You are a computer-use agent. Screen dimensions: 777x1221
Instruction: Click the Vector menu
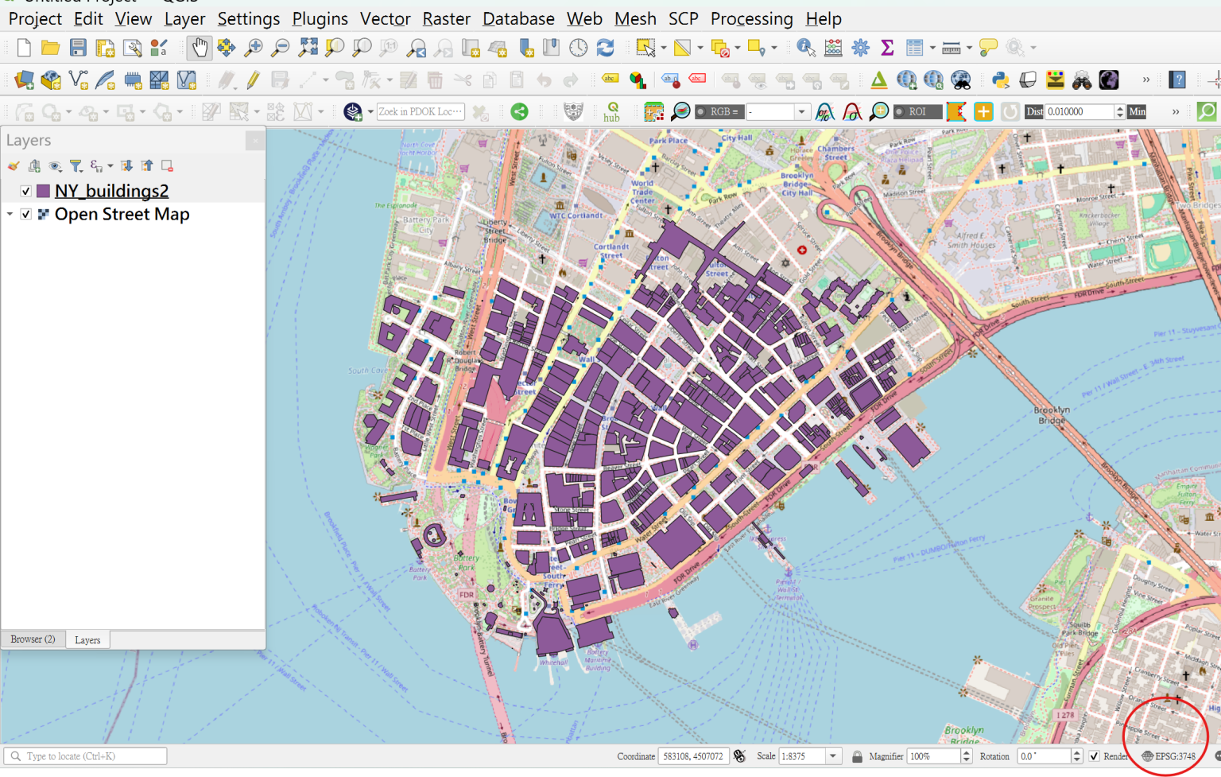coord(385,18)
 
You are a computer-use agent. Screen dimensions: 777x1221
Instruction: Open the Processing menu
coord(751,18)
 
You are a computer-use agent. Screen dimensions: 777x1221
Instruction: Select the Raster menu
coord(446,18)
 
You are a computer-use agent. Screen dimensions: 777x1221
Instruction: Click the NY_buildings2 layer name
coord(111,191)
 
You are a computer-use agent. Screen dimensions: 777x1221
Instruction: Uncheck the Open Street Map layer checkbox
coord(26,215)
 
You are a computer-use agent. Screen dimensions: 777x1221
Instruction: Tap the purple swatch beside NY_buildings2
coord(43,191)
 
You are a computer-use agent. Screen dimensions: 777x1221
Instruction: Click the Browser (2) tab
coord(33,639)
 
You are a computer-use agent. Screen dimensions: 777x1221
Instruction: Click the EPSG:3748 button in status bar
coord(1169,756)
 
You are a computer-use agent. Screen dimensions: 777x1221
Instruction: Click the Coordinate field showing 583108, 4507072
coord(692,756)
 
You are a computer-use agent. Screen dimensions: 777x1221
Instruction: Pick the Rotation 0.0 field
coord(1043,756)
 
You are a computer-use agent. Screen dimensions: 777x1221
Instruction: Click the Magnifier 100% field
coord(933,756)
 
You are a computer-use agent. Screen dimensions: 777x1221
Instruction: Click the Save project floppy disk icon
coord(78,48)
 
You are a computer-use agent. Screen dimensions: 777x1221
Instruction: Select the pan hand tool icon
coord(199,48)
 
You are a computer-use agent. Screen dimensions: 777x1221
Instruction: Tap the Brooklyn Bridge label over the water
coord(1052,415)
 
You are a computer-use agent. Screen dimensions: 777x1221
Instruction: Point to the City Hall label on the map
coord(736,138)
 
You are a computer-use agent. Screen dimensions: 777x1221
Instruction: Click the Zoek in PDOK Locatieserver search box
coord(420,112)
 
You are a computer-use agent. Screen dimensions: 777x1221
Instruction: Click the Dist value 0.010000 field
coord(1080,112)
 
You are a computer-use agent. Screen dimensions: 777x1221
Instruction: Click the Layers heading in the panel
coord(29,141)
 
